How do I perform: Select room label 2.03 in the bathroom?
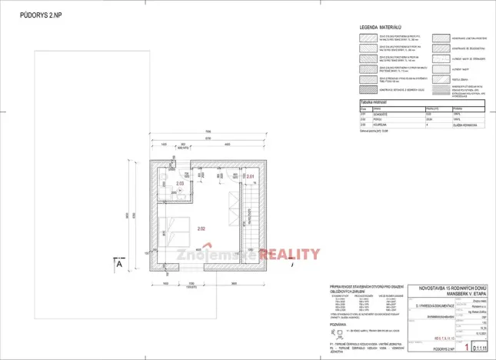pyautogui.click(x=179, y=185)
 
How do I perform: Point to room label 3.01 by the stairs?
pyautogui.click(x=250, y=177)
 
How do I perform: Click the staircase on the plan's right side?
pyautogui.click(x=254, y=223)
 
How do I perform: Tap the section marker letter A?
pyautogui.click(x=120, y=264)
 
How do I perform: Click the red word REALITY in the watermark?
pyautogui.click(x=290, y=255)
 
